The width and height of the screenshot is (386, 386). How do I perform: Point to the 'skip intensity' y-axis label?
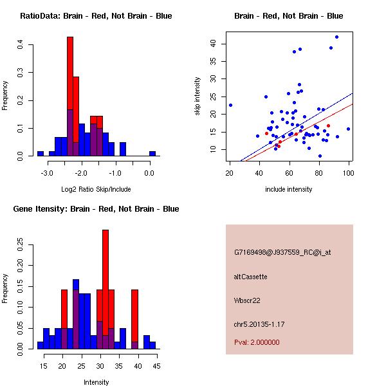(198, 96)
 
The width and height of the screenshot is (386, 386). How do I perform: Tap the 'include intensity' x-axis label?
(289, 189)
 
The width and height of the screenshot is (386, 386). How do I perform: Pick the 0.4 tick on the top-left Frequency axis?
(21, 45)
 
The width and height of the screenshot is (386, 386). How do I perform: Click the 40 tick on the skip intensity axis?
(213, 44)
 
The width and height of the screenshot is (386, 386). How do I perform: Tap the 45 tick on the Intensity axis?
(156, 366)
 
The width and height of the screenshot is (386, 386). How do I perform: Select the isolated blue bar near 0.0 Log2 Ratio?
(152, 154)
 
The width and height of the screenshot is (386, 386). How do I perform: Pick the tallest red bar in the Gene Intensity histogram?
(106, 289)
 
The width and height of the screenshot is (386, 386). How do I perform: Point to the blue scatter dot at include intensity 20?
(230, 105)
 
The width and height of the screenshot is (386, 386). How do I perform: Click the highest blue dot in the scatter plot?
(336, 37)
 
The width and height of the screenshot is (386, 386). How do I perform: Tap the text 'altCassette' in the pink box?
(250, 276)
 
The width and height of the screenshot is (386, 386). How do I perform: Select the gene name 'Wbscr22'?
(247, 300)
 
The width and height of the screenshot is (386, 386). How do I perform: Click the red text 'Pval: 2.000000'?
(257, 342)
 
